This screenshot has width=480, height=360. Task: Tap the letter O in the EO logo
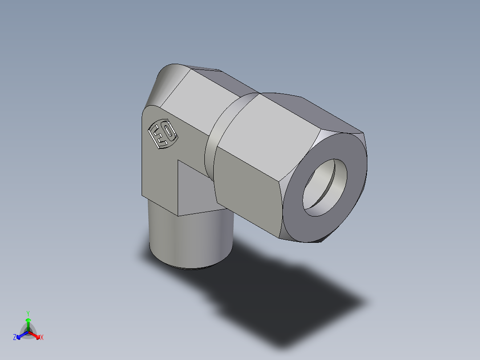168,131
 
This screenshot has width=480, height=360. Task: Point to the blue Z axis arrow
20,335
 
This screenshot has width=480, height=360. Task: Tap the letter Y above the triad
28,313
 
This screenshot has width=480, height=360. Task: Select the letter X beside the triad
42,338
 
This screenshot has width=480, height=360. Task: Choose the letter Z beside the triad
15,338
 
